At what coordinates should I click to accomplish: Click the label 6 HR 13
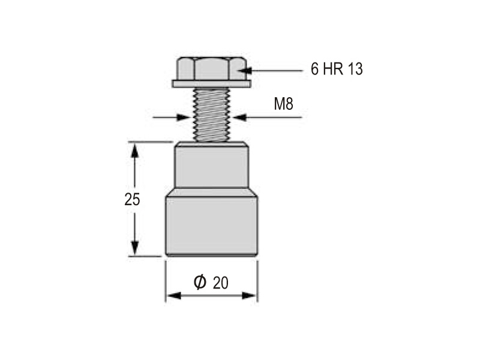pyautogui.click(x=337, y=69)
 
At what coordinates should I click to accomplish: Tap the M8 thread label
pyautogui.click(x=283, y=104)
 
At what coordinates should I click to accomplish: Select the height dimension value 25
pyautogui.click(x=132, y=199)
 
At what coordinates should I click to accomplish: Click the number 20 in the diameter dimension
pyautogui.click(x=221, y=283)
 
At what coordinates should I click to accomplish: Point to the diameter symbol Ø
pyautogui.click(x=200, y=282)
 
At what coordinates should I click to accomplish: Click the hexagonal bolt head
pyautogui.click(x=212, y=68)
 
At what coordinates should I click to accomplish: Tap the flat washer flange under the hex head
pyautogui.click(x=212, y=84)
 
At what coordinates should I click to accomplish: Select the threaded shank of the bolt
pyautogui.click(x=212, y=115)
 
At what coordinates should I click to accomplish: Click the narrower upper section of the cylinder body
pyautogui.click(x=212, y=165)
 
